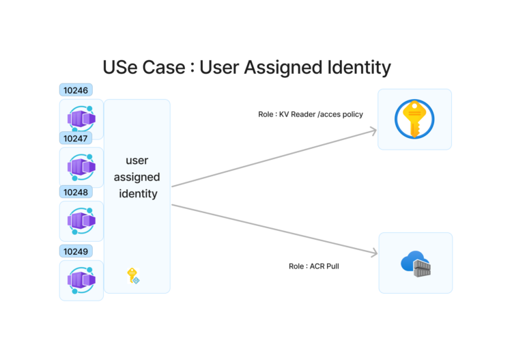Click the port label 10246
click(x=75, y=90)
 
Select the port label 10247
click(x=75, y=138)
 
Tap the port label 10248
click(x=75, y=192)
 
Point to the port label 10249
click(x=75, y=251)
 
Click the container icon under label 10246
click(x=81, y=120)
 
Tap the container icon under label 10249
click(x=81, y=280)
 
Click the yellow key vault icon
click(x=414, y=119)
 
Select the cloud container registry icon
click(x=416, y=263)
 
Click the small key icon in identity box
click(x=132, y=275)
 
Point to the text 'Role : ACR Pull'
click(x=314, y=266)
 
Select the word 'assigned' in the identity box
click(x=137, y=177)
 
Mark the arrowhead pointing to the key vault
click(x=374, y=128)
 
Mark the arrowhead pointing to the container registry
click(x=375, y=254)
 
